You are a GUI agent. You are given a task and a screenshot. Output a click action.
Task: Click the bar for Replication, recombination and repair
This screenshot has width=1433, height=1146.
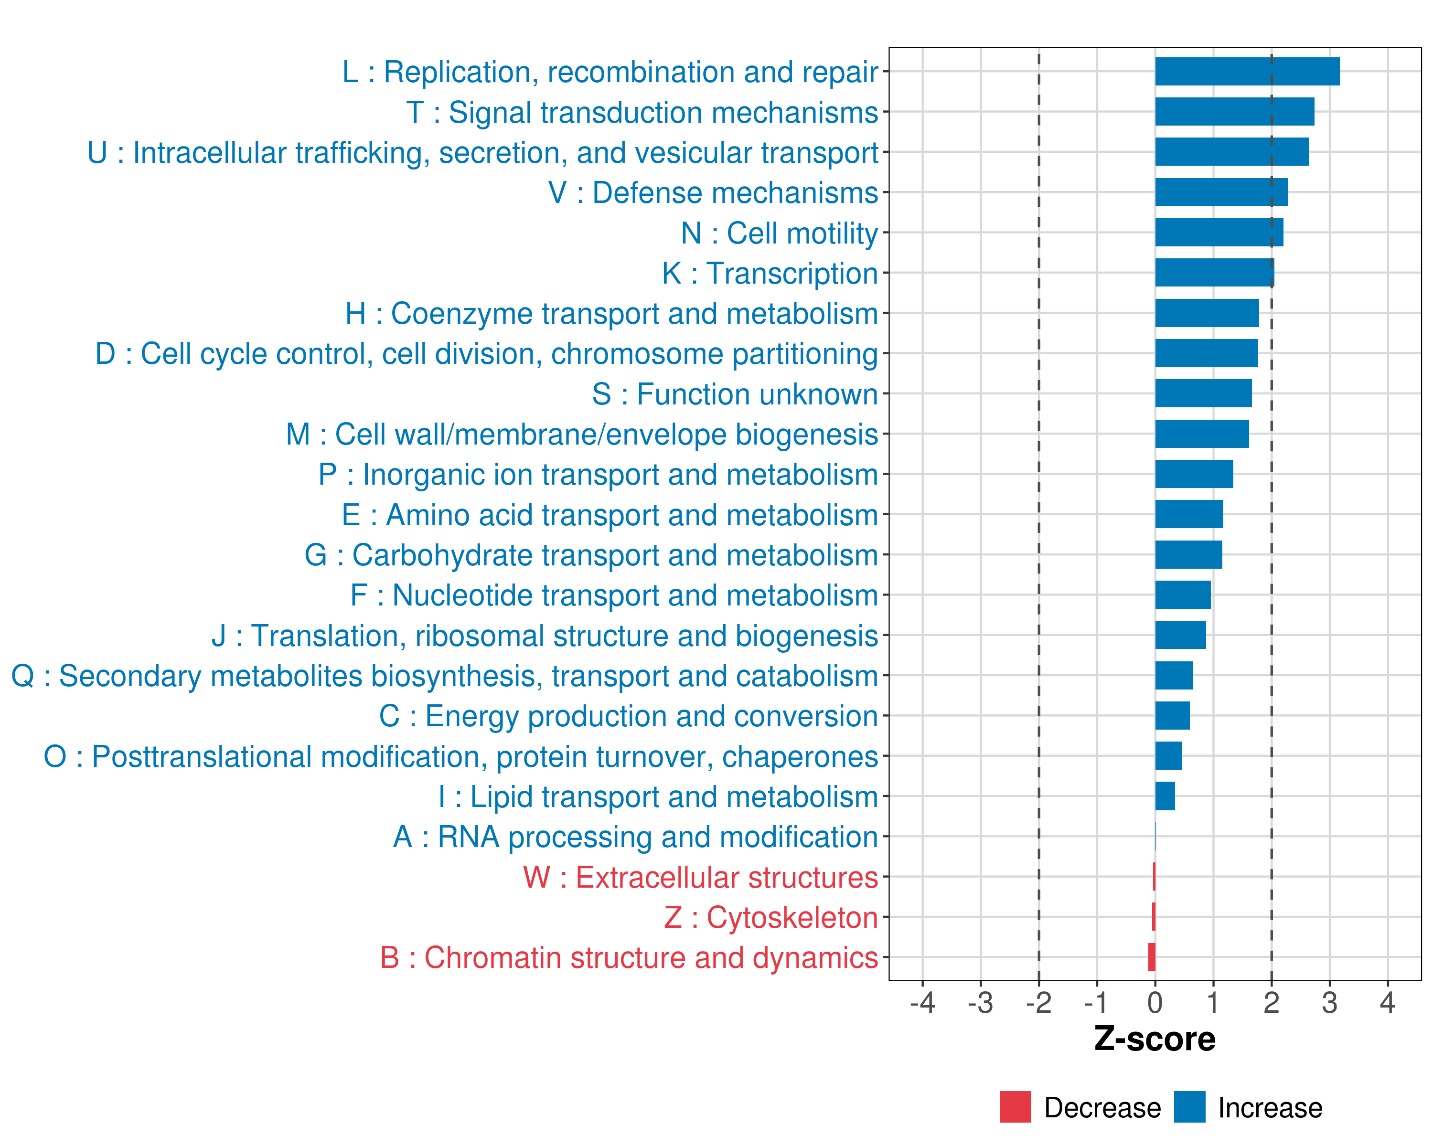[x=1247, y=72]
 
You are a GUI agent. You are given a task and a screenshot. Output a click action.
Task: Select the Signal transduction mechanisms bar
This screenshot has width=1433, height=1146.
[x=1234, y=112]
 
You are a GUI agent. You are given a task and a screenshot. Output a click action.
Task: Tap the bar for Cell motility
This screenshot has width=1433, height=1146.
[x=1219, y=233]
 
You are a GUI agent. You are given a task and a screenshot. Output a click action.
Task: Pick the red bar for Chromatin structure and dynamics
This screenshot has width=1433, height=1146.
[x=1152, y=957]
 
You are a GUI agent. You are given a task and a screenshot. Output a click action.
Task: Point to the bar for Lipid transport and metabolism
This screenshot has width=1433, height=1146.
[x=1165, y=796]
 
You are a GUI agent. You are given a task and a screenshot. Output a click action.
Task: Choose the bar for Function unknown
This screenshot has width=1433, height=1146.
[x=1203, y=393]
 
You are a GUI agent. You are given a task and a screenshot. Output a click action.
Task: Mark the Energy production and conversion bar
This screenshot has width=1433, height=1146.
[x=1173, y=715]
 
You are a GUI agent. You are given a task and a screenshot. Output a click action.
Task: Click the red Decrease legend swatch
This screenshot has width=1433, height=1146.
[x=1015, y=1107]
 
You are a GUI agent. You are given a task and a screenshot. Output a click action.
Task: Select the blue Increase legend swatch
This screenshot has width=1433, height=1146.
[x=1189, y=1107]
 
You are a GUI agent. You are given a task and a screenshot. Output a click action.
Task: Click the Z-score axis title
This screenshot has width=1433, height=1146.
[x=1155, y=1039]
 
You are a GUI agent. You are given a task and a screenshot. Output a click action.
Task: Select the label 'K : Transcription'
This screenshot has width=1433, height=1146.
[x=770, y=274]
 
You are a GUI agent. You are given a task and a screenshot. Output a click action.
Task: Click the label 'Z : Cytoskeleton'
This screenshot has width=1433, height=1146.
[x=771, y=917]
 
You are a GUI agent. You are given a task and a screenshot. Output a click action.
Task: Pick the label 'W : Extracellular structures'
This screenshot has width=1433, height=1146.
[x=701, y=878]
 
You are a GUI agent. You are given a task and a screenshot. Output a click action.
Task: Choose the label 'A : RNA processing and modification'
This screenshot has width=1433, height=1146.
[x=635, y=837]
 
